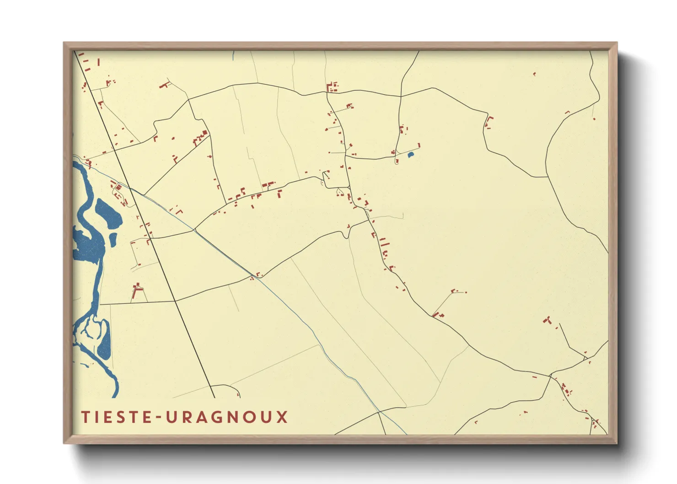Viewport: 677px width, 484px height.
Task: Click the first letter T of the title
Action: pos(85,417)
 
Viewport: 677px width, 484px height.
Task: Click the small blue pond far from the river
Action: pos(410,155)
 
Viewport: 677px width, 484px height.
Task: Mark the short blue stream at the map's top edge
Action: pos(233,56)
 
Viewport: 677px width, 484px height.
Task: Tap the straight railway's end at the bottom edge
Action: pos(214,397)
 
